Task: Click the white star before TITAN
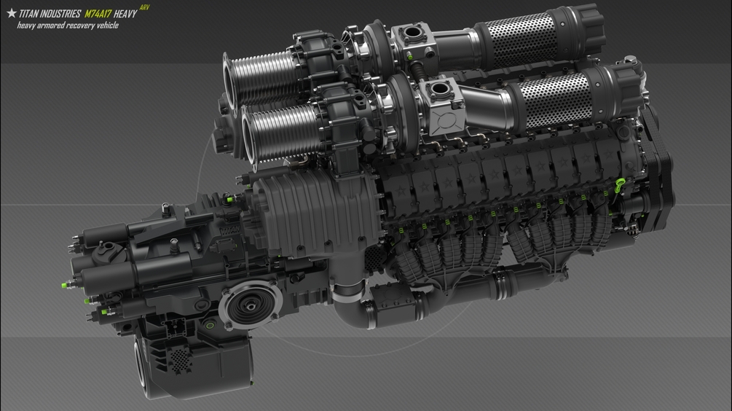12,13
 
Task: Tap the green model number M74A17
98,14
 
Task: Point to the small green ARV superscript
145,7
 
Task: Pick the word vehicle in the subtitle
107,26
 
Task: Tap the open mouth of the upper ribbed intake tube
229,82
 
